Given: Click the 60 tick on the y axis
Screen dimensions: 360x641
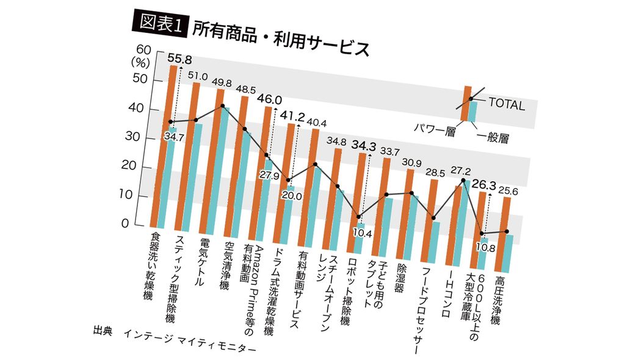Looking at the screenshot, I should click(142, 50).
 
